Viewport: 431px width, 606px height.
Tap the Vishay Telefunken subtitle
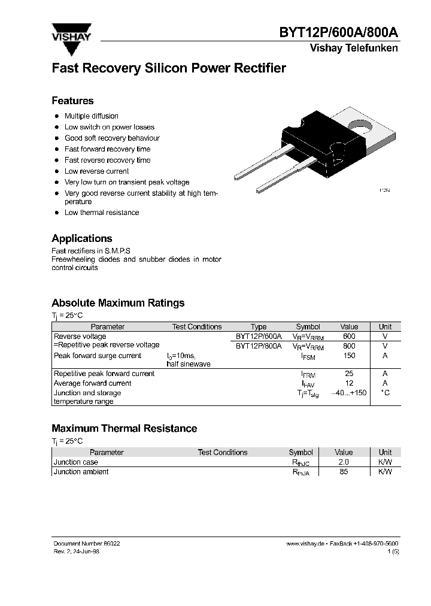[353, 49]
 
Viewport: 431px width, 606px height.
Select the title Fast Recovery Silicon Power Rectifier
[168, 68]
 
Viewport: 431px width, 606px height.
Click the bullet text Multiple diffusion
[91, 116]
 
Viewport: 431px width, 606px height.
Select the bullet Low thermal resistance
[101, 213]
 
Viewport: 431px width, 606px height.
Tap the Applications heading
[81, 238]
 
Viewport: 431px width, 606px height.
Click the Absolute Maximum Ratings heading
[118, 303]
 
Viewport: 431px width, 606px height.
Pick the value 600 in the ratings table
[349, 337]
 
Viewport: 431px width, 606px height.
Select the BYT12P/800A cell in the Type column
[259, 346]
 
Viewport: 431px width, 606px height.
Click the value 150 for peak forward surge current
[349, 356]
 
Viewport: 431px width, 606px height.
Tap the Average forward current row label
[93, 383]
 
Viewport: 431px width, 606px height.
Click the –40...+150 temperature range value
[349, 393]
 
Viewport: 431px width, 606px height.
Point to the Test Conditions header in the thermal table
[222, 453]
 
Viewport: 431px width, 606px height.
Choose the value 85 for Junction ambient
[344, 472]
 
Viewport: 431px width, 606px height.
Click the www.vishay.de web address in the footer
[305, 543]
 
